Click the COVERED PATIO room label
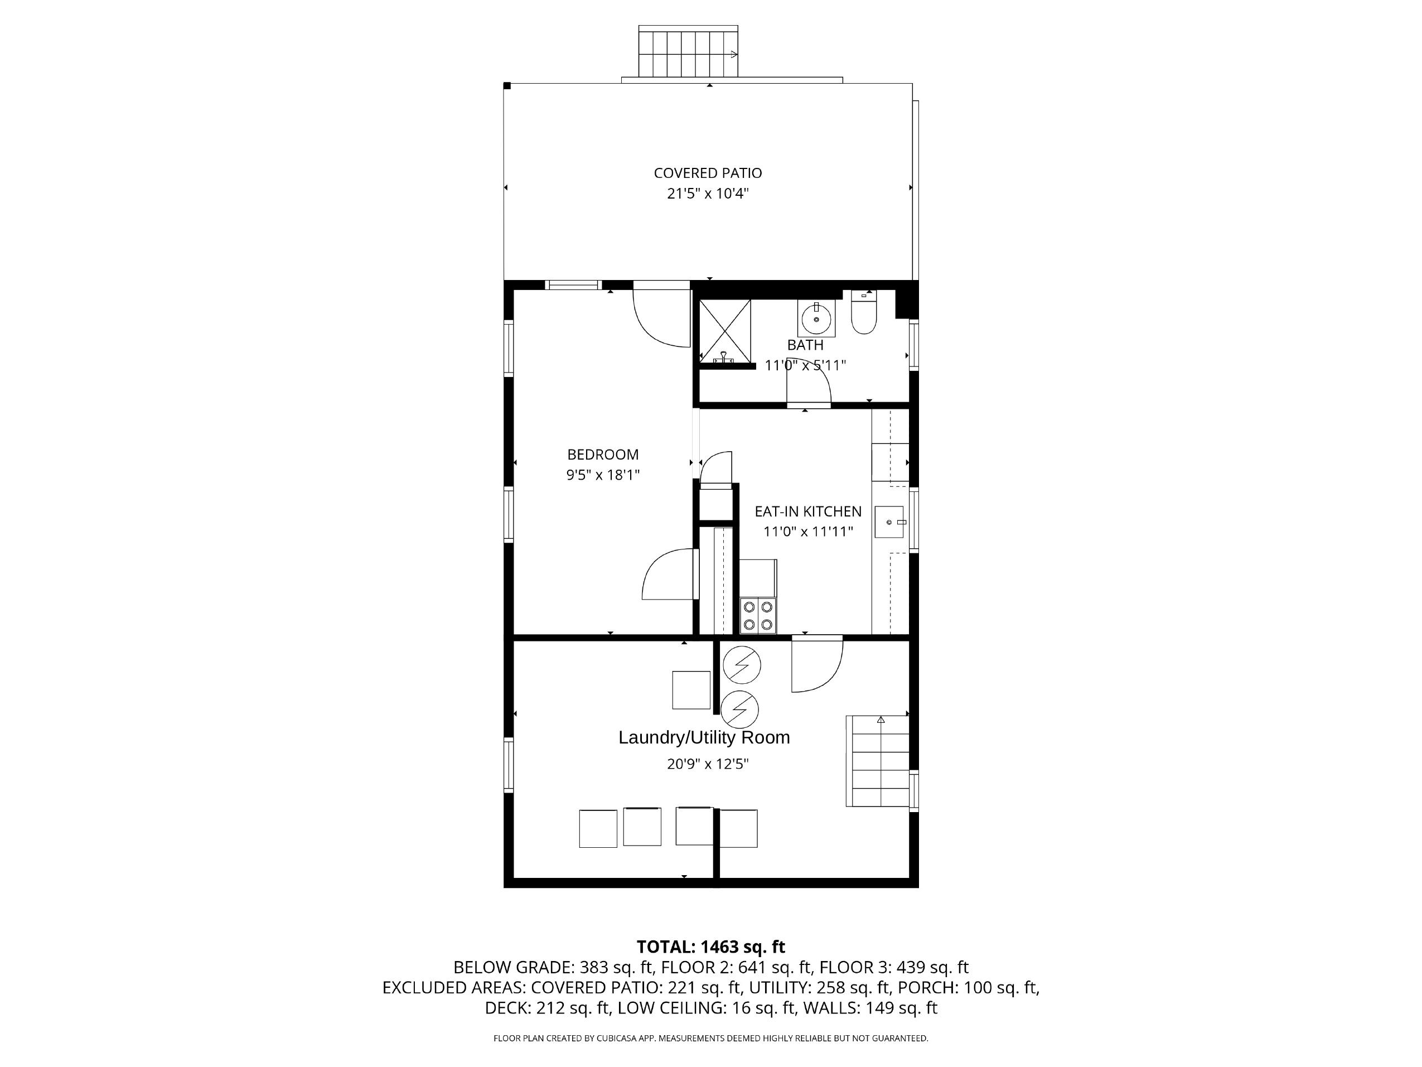coord(708,173)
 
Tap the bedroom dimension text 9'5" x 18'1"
coord(602,475)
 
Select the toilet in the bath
coord(863,314)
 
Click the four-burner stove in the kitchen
coord(758,615)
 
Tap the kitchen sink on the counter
coord(889,522)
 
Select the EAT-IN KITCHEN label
coord(807,511)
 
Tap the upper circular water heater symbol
coord(741,664)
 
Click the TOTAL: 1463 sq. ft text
coord(710,947)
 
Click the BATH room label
coord(805,345)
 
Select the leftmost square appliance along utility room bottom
coord(598,828)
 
